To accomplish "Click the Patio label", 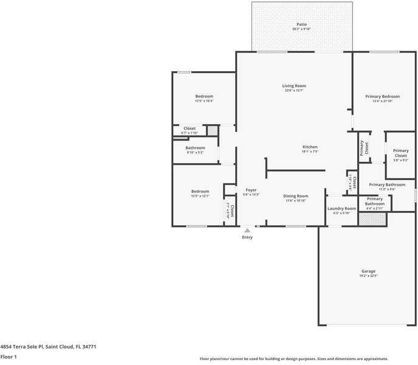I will (301, 24).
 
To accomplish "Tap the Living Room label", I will (293, 86).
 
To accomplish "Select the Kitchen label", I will (310, 147).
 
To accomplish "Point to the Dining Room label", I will (296, 196).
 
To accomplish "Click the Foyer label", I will (251, 190).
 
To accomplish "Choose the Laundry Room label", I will (341, 208).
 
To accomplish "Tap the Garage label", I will (368, 271).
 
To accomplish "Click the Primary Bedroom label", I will (382, 97).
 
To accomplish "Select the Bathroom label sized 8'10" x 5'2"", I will (195, 148).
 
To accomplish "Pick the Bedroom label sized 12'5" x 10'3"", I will (204, 97).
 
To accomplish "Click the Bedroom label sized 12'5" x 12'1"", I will (200, 192).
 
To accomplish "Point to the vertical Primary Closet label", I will (363, 148).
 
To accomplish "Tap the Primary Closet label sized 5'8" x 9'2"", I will (400, 153).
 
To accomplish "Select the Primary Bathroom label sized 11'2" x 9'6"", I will (386, 184).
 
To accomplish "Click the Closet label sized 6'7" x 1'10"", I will (190, 128).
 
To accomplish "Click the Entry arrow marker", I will (247, 231).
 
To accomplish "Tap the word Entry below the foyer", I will (247, 237).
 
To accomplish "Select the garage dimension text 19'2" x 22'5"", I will (368, 276).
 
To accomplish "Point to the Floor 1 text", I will (9, 356).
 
